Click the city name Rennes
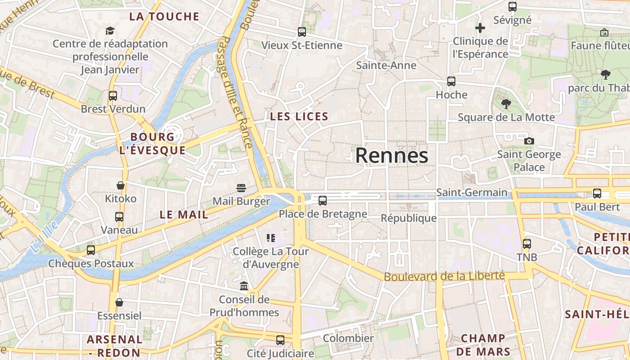[x=391, y=156]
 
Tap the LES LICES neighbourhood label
[x=299, y=117]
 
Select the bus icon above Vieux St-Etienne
[x=301, y=32]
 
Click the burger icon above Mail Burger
[x=241, y=188]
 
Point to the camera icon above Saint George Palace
[x=529, y=141]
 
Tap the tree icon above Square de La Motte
[x=506, y=104]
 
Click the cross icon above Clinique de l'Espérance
[x=480, y=28]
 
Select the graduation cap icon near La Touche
[x=110, y=31]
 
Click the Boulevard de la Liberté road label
[x=444, y=276]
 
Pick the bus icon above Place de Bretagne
[x=323, y=201]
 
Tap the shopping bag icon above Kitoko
[x=121, y=185]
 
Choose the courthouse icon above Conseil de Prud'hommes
[x=244, y=286]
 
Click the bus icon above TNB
[x=526, y=244]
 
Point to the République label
[x=409, y=218]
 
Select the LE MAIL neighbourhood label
[x=184, y=215]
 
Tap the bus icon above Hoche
[x=451, y=81]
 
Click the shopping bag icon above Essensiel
[x=119, y=302]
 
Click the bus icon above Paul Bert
[x=597, y=193]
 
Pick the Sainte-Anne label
[x=386, y=65]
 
